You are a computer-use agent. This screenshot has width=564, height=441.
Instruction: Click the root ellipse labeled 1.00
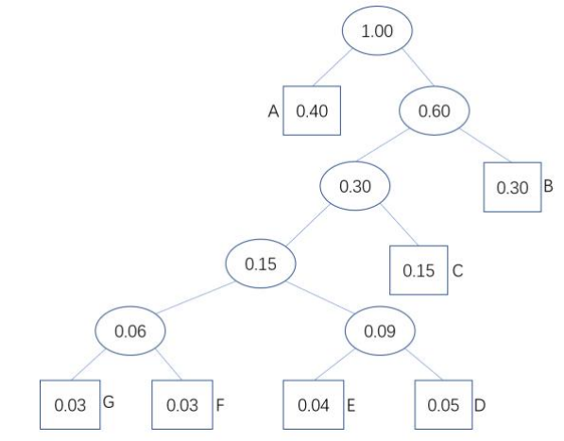pyautogui.click(x=377, y=30)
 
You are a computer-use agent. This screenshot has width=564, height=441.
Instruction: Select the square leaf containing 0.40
pyautogui.click(x=312, y=110)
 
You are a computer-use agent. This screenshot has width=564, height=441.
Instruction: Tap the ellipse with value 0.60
pyautogui.click(x=435, y=110)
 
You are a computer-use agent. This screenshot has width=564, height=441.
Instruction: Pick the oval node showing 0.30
pyautogui.click(x=355, y=186)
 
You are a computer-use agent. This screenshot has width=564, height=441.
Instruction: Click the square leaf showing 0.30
pyautogui.click(x=512, y=187)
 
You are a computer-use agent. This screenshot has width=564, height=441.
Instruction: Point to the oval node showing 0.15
pyautogui.click(x=261, y=263)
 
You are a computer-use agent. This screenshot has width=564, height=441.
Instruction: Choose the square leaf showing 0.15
pyautogui.click(x=419, y=270)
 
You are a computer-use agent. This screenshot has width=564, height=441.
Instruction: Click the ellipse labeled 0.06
pyautogui.click(x=130, y=331)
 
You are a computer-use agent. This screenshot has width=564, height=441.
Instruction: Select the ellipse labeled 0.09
pyautogui.click(x=380, y=331)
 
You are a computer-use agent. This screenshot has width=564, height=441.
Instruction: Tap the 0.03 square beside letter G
pyautogui.click(x=70, y=405)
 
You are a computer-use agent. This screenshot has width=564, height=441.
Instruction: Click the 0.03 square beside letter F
pyautogui.click(x=182, y=405)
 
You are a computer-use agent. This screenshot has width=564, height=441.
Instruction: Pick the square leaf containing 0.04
pyautogui.click(x=314, y=405)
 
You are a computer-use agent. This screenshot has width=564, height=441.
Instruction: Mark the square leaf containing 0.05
pyautogui.click(x=443, y=405)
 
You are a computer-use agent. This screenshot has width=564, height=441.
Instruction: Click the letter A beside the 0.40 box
pyautogui.click(x=273, y=111)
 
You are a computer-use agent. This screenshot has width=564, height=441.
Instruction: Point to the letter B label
pyautogui.click(x=549, y=186)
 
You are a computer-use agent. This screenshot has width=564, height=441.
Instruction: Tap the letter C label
pyautogui.click(x=457, y=271)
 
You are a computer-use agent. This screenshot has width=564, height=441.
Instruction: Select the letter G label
pyautogui.click(x=109, y=402)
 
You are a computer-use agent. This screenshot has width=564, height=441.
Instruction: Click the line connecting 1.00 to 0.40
pyautogui.click(x=333, y=67)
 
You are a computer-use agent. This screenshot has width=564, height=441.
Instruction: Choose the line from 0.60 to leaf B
pyautogui.click(x=486, y=145)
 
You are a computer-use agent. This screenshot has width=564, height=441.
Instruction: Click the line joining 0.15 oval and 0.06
pyautogui.click(x=196, y=297)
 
